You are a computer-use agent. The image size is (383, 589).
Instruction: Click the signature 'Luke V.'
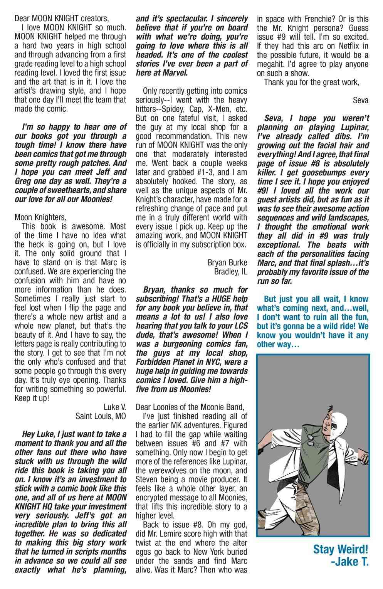[114, 407]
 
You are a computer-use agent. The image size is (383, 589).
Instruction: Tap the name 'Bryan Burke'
[227, 263]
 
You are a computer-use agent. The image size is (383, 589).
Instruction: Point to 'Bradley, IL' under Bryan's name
[230, 272]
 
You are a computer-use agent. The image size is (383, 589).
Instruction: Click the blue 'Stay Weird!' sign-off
[341, 549]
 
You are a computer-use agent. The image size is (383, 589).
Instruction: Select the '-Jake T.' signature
[349, 562]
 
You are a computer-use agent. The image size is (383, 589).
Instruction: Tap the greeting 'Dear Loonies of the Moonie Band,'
[190, 407]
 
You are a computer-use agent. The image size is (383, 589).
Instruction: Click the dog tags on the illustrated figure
[306, 445]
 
